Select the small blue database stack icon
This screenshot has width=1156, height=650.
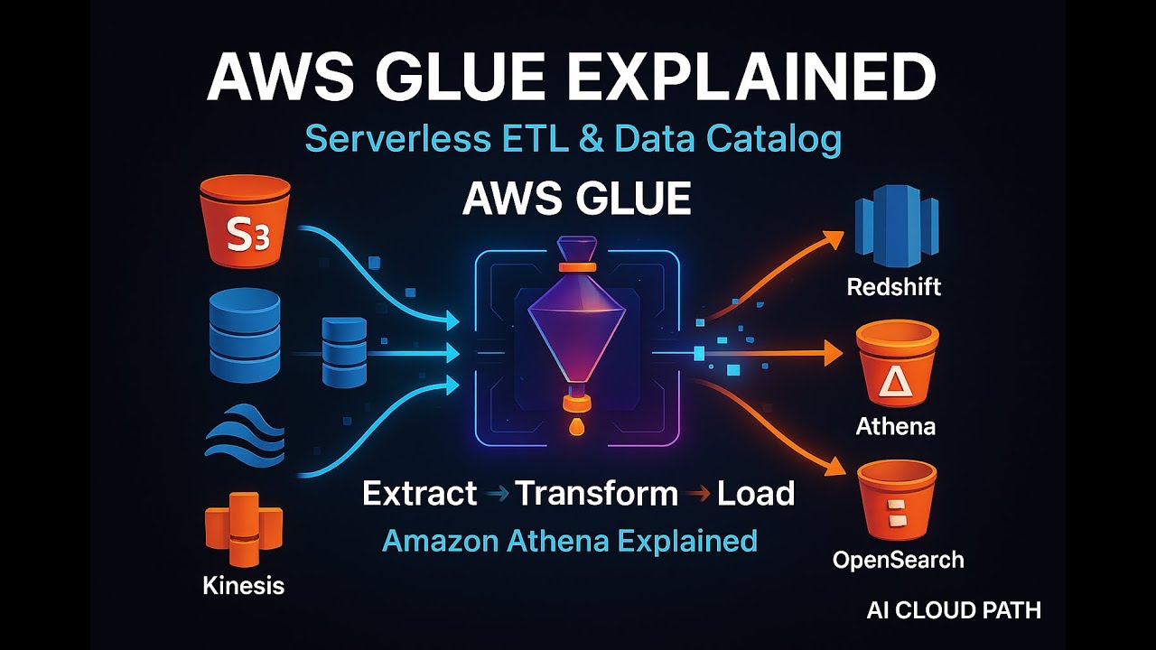pos(344,353)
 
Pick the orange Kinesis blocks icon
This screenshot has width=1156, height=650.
pos(244,528)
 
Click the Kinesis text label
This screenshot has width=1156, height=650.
pos(243,585)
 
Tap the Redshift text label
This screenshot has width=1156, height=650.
pos(893,287)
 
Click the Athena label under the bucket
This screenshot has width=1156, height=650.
pos(895,425)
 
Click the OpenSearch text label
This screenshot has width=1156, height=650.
pos(898,560)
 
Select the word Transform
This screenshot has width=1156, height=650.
pos(596,494)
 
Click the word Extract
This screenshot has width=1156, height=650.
pos(419,494)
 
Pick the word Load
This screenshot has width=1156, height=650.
pos(755,494)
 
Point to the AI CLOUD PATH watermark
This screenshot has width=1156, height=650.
pos(953,610)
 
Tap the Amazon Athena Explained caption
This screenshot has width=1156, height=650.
pos(569,541)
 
